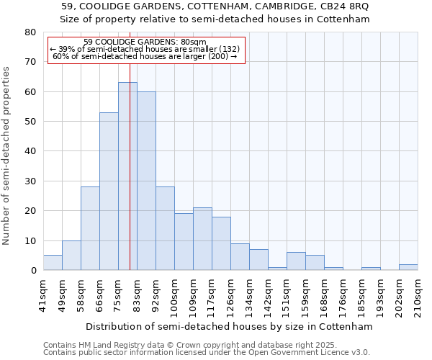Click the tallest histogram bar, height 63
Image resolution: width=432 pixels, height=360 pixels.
127,176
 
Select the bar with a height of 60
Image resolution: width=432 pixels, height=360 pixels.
146,181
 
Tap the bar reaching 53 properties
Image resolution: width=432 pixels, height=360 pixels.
109,191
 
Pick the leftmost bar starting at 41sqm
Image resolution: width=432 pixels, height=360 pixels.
53,263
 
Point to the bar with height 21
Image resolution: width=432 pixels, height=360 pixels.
202,239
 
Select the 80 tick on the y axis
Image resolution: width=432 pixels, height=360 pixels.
30,32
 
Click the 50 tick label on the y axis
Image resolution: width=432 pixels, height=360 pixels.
30,122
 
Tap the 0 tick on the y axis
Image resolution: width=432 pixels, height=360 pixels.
33,271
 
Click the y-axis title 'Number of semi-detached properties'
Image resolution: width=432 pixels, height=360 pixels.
6,155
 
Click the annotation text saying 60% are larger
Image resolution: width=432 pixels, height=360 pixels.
145,56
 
